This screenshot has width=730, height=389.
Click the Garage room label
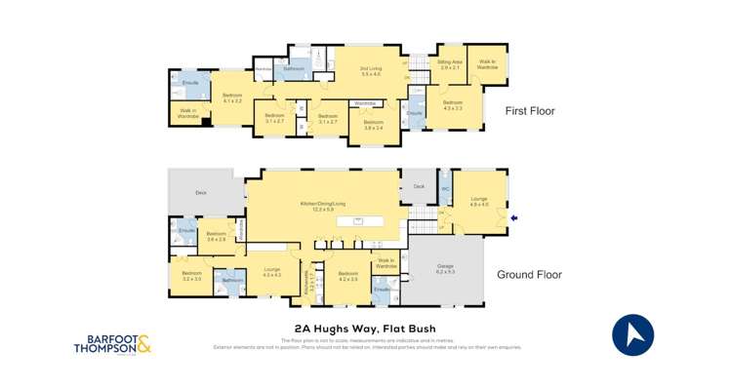click(444, 270)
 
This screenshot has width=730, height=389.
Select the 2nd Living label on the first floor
click(372, 72)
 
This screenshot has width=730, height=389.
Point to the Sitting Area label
click(450, 64)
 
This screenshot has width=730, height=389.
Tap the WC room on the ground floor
click(444, 191)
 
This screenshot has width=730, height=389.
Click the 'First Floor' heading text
click(529, 111)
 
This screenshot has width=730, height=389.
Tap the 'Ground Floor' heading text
click(529, 275)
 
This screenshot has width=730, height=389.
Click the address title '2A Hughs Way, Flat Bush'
click(364, 329)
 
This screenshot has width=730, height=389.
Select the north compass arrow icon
click(632, 335)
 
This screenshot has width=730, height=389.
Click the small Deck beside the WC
click(419, 185)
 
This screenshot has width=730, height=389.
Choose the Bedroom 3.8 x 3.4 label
click(373, 124)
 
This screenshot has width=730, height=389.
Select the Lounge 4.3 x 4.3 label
click(271, 274)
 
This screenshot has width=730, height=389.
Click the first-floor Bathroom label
click(294, 69)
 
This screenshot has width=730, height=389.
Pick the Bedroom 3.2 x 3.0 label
click(192, 276)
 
